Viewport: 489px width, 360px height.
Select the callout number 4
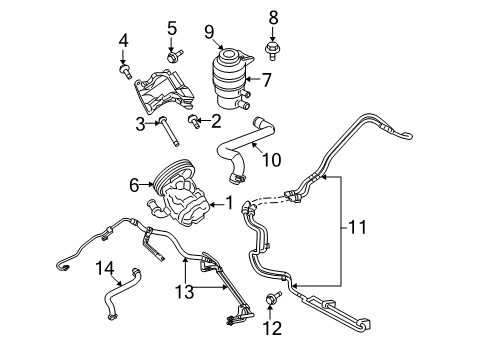124,40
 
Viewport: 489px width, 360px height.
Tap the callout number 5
172,28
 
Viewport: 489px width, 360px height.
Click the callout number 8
272,16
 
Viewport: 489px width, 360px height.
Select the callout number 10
269,158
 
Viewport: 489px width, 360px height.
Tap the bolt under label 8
272,46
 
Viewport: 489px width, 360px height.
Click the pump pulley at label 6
163,183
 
